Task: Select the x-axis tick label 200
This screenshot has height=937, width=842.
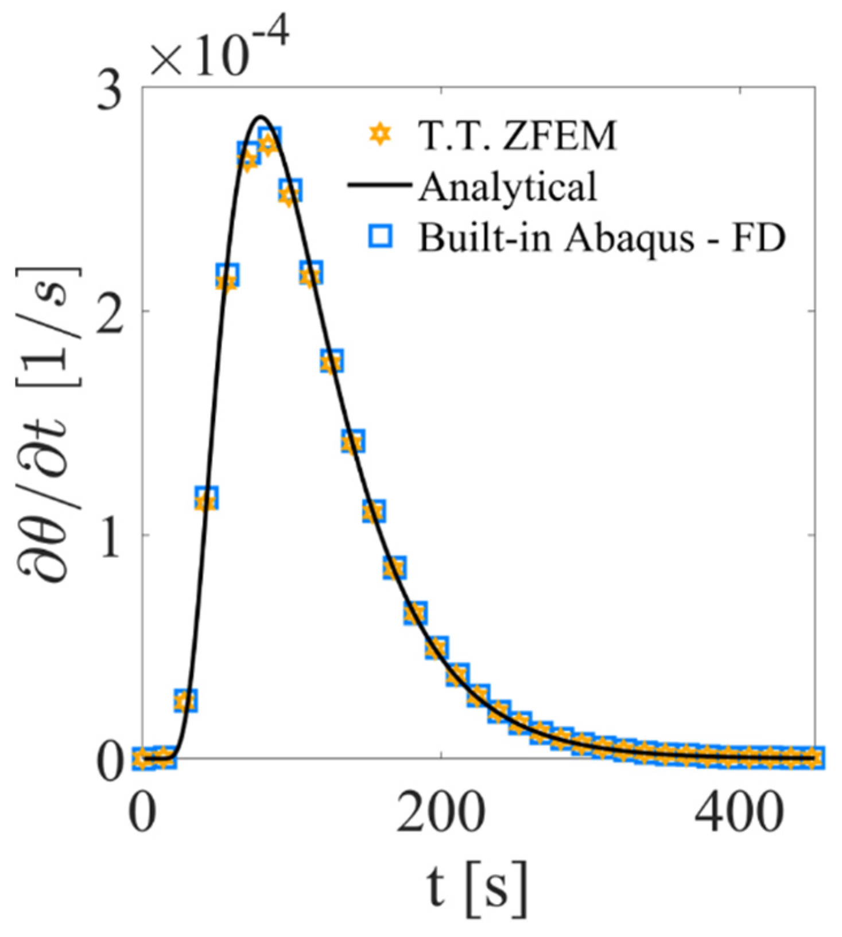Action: click(441, 814)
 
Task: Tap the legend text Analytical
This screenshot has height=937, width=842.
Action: click(507, 186)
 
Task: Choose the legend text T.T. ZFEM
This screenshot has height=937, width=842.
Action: click(517, 137)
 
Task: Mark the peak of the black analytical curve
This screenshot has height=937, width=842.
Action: click(261, 116)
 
